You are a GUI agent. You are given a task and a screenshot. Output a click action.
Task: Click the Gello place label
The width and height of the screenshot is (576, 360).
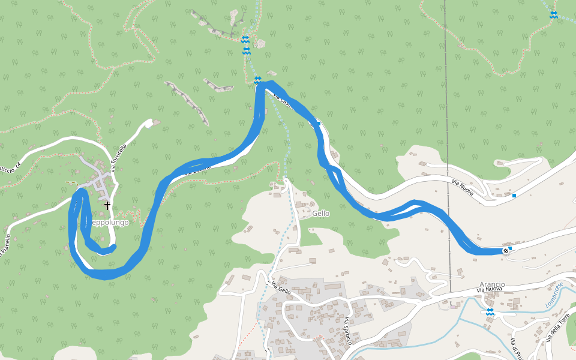point(320,214)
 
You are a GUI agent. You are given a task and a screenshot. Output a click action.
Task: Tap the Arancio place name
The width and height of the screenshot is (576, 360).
point(492,284)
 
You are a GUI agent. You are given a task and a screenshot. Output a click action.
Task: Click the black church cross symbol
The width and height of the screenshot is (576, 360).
point(107,205)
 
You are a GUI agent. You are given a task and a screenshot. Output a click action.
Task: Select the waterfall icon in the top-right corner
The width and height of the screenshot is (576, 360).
point(553,15)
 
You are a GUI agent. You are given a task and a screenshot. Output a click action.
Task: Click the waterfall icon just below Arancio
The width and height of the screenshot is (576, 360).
point(490,311)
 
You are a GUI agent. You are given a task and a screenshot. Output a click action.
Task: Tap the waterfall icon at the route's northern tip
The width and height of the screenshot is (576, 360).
point(257,80)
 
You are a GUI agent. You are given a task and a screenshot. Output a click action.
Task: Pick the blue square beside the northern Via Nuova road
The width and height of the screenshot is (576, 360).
point(514,196)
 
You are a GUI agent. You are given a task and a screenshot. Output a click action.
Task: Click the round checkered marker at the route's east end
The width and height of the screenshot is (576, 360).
point(505,250)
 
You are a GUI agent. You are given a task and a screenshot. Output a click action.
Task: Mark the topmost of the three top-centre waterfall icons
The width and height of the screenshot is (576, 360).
point(245,40)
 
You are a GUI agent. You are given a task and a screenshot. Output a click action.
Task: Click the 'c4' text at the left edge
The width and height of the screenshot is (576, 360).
point(18,164)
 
